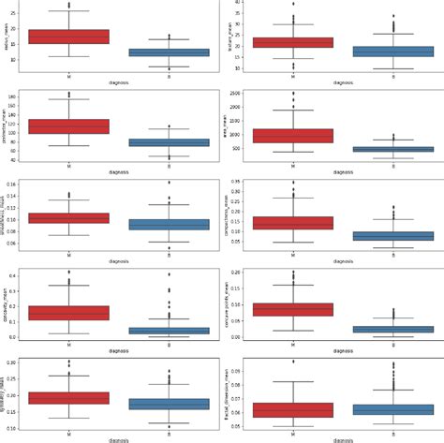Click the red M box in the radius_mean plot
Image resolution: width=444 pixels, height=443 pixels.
(68, 37)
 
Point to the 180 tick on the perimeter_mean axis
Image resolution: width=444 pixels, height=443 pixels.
(18, 96)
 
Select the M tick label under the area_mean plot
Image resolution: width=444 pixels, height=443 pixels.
(293, 166)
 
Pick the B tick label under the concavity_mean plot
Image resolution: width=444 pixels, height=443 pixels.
(169, 345)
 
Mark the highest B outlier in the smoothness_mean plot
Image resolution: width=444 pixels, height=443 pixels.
(169, 183)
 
